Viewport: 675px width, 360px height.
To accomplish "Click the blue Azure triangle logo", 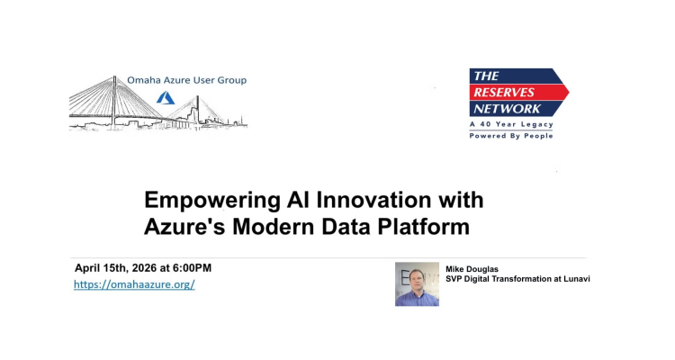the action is click(166, 98).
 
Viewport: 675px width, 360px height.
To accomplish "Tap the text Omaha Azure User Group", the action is click(187, 80).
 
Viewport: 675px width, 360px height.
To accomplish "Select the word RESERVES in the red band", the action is click(498, 92).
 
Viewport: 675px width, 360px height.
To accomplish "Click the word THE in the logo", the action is click(486, 76).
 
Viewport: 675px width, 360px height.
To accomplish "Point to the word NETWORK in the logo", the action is click(507, 109).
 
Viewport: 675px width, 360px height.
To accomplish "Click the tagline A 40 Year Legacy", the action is click(511, 124).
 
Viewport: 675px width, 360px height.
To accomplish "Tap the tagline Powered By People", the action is click(511, 136).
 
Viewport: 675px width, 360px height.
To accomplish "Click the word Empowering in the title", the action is click(211, 201).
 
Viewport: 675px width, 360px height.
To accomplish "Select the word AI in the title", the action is click(298, 200).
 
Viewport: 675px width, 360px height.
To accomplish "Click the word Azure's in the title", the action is click(184, 227).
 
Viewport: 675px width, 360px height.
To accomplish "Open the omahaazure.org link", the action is click(134, 284).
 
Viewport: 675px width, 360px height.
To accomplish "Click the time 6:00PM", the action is click(192, 268).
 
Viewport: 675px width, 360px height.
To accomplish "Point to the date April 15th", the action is click(101, 268).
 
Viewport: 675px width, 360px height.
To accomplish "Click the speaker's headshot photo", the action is click(417, 284).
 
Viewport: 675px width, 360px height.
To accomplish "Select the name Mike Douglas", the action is click(472, 269).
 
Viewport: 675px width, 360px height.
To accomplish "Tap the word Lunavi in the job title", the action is click(577, 279).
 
